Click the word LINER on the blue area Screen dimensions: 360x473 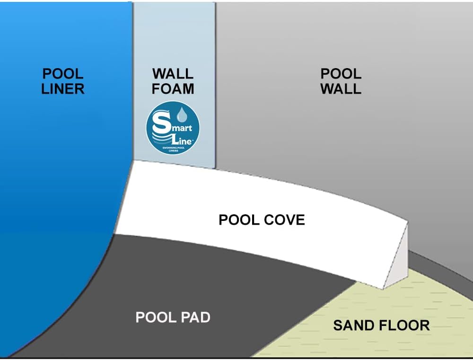pos(63,88)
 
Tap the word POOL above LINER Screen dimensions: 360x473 pos(63,74)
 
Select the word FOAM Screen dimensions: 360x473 pos(173,88)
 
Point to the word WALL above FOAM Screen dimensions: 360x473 pos(173,74)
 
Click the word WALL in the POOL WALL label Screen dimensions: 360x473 pos(341,88)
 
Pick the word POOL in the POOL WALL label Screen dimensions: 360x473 pos(341,74)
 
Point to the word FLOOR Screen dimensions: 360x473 pos(403,325)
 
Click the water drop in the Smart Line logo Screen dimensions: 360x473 pos(182,115)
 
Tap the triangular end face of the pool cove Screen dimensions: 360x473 pos(397,265)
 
